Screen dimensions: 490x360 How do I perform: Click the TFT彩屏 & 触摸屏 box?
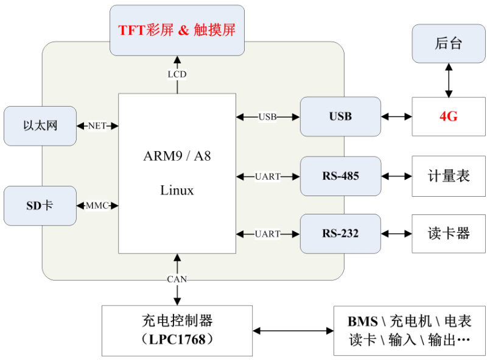pos(177,30)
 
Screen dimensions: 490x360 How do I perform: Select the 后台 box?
pos(449,43)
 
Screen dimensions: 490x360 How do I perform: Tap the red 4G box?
pos(449,116)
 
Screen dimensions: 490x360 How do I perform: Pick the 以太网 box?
pos(40,125)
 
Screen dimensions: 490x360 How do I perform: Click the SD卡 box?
pos(40,205)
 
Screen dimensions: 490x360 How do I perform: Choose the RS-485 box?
pos(340,176)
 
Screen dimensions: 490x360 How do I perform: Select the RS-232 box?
pos(340,234)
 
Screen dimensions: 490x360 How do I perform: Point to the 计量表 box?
pos(449,176)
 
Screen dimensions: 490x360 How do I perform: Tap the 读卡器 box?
pos(449,234)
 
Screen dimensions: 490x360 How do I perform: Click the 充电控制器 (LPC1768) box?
pos(177,331)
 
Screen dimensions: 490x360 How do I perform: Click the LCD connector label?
pos(177,74)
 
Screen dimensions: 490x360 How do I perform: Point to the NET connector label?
pos(97,125)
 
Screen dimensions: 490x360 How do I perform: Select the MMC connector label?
pos(97,205)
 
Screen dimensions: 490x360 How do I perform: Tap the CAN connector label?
pos(177,279)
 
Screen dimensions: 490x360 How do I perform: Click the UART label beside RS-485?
pos(268,177)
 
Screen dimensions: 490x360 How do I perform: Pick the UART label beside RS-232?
pos(268,234)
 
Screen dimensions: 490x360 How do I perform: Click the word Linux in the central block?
pos(177,190)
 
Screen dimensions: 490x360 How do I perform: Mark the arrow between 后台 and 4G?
pos(449,80)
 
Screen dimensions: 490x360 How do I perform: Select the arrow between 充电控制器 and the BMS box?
pos(293,331)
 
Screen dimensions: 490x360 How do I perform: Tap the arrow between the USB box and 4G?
pos(396,117)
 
